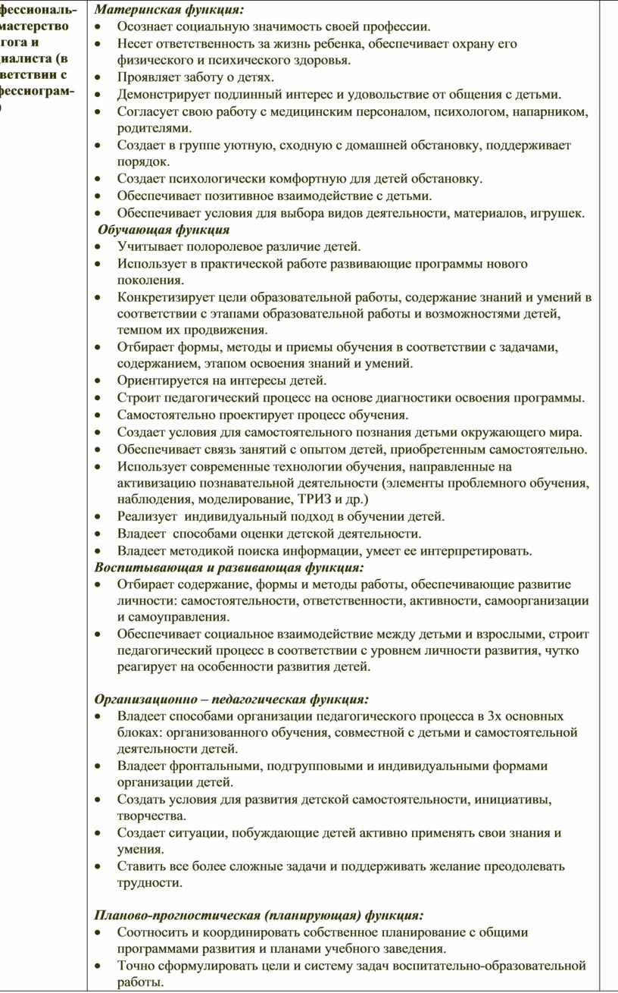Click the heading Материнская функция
coord(169,10)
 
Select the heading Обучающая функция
coord(164,230)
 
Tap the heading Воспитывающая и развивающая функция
coord(229,567)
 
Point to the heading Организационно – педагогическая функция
coord(232,698)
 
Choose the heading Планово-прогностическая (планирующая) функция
coord(258,915)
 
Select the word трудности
coord(149,883)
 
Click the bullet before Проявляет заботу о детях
coord(100,77)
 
